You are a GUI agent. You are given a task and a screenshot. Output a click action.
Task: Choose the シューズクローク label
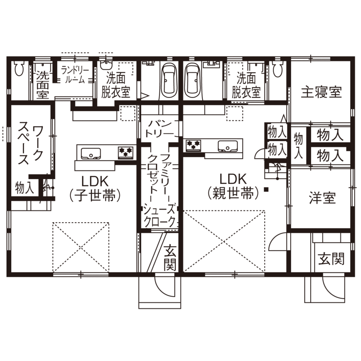[x=160, y=216]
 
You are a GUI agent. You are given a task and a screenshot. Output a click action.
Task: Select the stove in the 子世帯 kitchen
[x=126, y=151]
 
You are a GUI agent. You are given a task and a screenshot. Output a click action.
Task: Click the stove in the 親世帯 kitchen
[x=193, y=145]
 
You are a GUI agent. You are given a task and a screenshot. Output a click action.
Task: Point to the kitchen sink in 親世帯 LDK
[x=226, y=146]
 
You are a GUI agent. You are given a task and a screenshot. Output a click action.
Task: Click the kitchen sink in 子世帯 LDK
[x=90, y=153]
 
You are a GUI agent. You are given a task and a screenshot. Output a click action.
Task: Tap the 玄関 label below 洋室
[x=331, y=260]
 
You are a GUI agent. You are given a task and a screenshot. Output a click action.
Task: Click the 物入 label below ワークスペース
[x=25, y=188]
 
